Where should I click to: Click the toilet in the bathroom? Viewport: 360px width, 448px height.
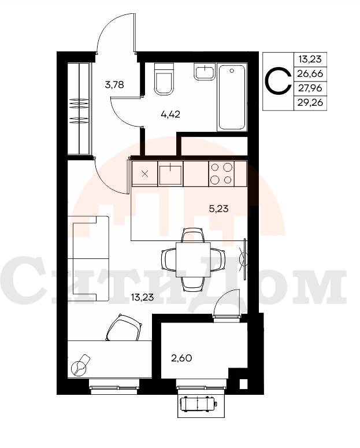pos(164,79)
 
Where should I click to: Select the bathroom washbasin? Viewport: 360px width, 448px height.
pos(205,72)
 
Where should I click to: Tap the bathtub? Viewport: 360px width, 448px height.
pos(232,98)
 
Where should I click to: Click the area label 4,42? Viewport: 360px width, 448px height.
pos(170,114)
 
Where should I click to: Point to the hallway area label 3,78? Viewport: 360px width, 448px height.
pos(114,84)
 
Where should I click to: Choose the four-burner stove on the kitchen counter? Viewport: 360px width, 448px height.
pos(221,174)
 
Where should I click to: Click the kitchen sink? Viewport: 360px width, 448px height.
pos(170,174)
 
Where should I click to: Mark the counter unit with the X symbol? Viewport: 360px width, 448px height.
pos(145,174)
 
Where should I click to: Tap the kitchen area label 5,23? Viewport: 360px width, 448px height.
pos(219,209)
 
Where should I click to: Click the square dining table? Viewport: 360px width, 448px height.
pos(193,260)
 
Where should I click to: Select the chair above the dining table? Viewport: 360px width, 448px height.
pos(193,235)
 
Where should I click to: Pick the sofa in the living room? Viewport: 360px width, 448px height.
pos(88,258)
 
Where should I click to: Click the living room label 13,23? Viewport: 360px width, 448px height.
pos(142,298)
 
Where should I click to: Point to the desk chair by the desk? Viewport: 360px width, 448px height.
pos(124,327)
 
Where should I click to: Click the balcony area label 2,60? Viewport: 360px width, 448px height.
pos(181,358)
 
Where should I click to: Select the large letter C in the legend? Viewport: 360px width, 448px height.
pos(277,81)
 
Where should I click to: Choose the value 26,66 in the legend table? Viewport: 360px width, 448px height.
pos(310,74)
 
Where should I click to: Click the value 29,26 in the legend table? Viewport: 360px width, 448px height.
pos(310,102)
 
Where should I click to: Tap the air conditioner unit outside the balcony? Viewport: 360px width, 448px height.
pos(198,403)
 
